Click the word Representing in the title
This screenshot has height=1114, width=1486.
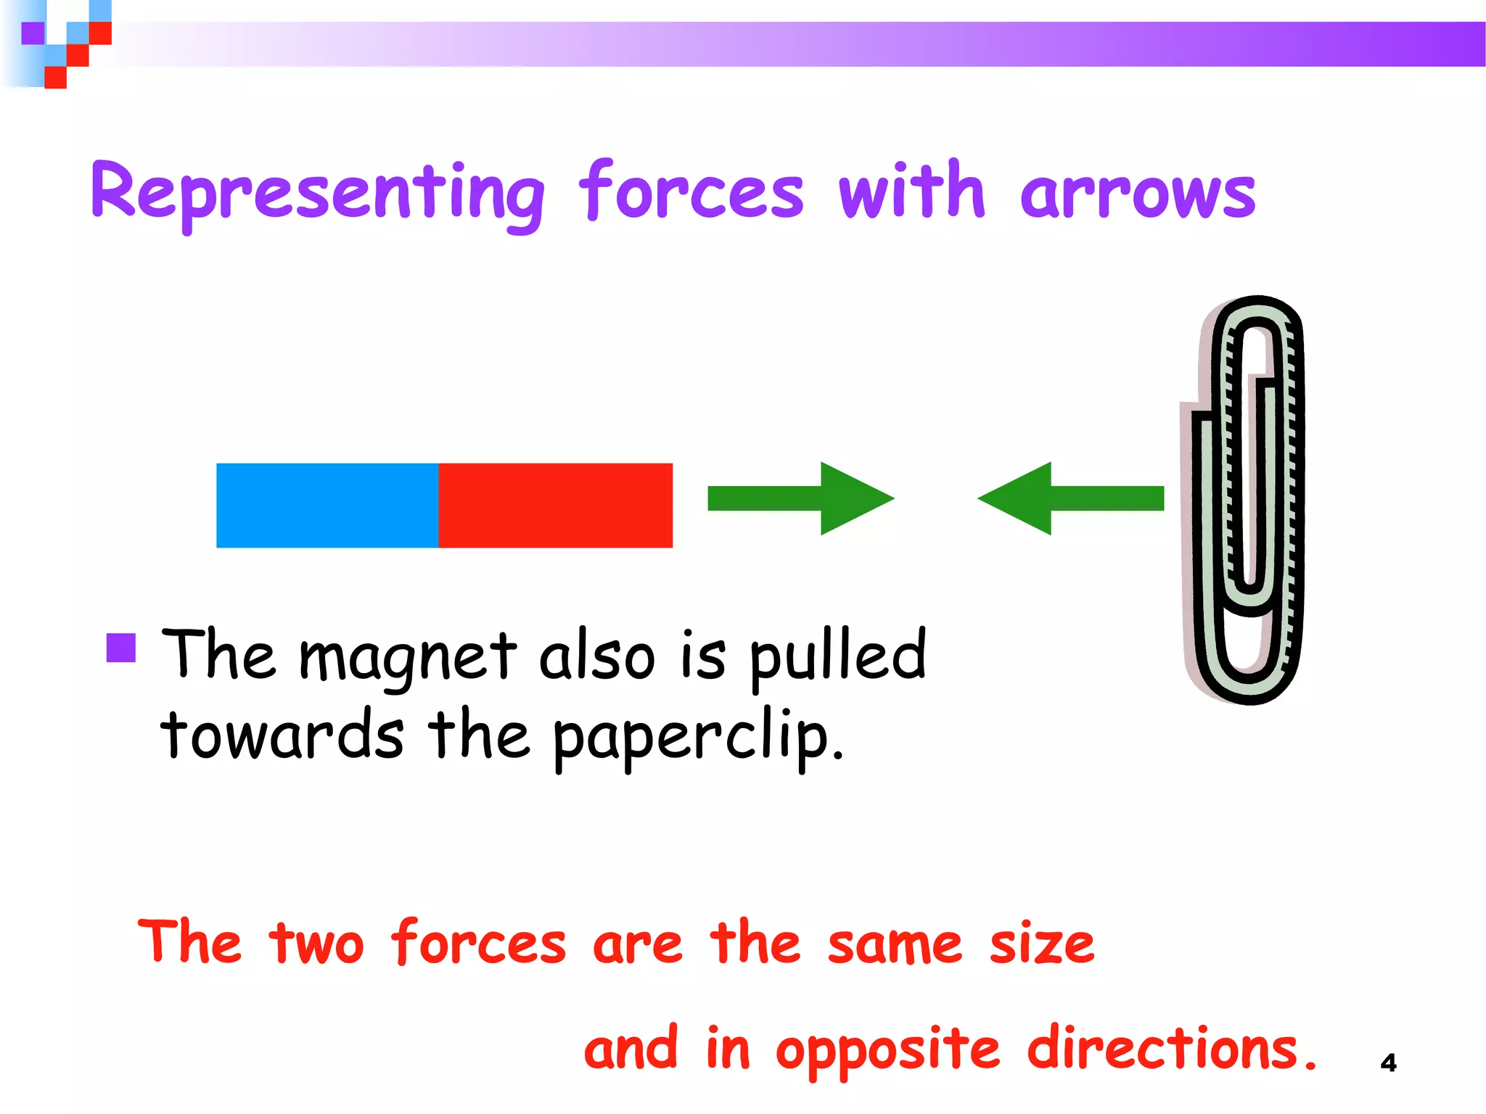coord(318,192)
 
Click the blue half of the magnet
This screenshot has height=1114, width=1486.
coord(327,505)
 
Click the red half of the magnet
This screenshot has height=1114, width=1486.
coord(555,505)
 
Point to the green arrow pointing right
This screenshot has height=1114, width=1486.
coord(800,498)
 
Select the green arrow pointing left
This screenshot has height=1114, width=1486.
coord(1071,498)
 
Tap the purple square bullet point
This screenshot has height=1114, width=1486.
coord(121,648)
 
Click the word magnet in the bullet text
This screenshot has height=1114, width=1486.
coord(409,657)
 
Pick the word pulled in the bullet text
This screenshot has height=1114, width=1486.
coord(838,656)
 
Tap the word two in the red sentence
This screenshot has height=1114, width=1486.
coord(316,944)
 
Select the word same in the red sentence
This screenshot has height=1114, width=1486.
coord(895,944)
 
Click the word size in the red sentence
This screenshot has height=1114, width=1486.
coord(1042,944)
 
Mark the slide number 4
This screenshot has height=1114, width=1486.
coord(1388,1063)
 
